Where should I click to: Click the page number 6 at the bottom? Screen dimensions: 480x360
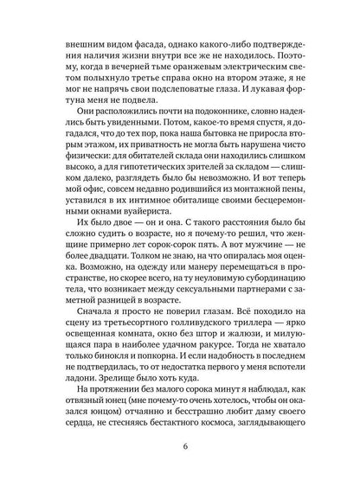(180, 447)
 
